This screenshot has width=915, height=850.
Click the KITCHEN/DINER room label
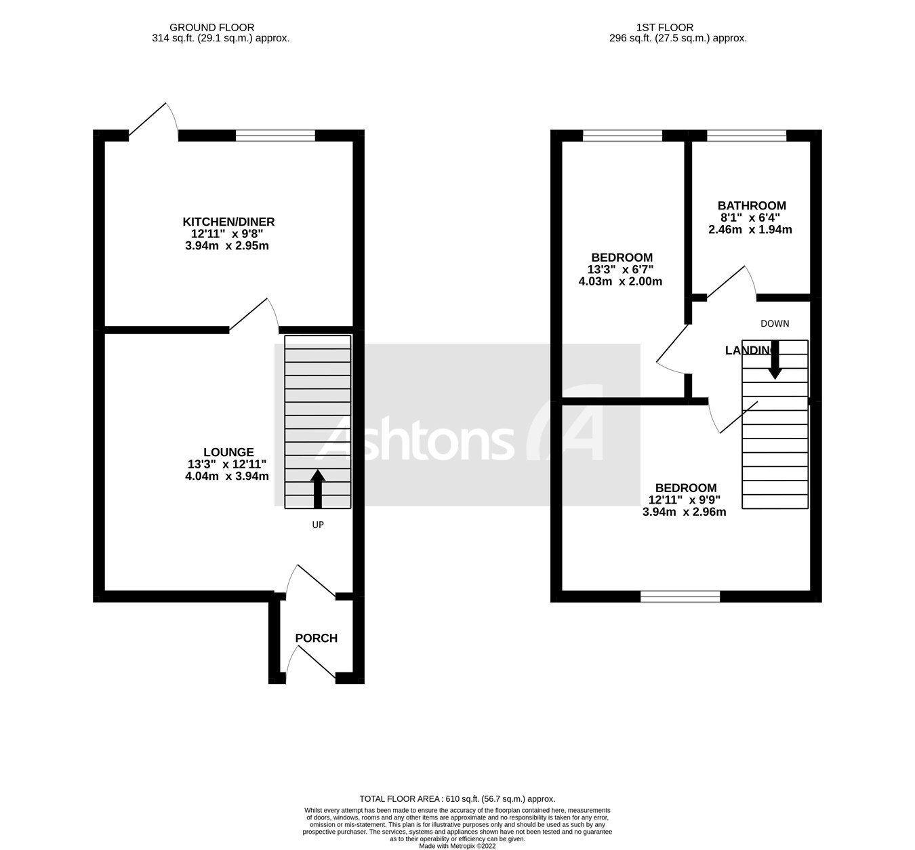(x=228, y=222)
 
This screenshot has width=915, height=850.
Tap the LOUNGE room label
(x=228, y=452)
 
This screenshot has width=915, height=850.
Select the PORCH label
(x=316, y=638)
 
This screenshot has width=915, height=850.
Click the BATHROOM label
(x=752, y=205)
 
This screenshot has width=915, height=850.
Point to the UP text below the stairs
(x=318, y=525)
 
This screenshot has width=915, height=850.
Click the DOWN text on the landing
(x=775, y=323)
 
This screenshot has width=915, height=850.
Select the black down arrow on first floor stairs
(x=775, y=360)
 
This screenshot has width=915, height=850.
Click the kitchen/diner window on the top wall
(x=275, y=136)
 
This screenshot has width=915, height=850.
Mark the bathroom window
(x=746, y=136)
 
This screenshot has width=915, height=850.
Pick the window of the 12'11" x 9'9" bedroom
(x=680, y=596)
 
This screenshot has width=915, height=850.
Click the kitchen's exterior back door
(x=153, y=123)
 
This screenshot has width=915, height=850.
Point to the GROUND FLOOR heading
(x=212, y=28)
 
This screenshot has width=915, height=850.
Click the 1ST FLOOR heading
(x=664, y=28)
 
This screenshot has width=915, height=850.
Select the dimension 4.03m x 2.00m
(x=619, y=281)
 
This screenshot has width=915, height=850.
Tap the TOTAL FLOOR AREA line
(x=457, y=799)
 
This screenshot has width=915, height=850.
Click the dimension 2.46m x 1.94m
(x=750, y=229)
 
